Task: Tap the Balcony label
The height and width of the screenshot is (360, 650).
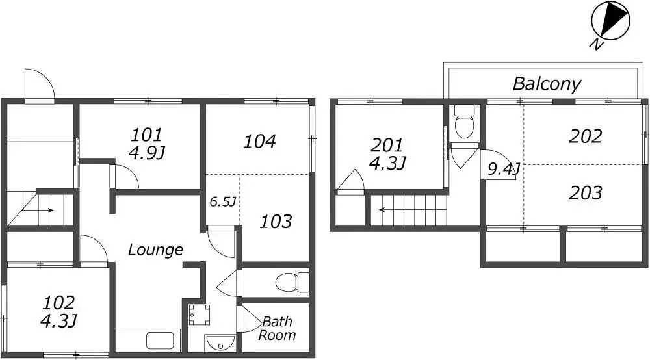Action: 547,84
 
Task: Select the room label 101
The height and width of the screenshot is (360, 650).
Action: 147,135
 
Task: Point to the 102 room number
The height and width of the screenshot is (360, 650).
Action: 59,303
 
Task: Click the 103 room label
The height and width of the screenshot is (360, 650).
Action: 276,222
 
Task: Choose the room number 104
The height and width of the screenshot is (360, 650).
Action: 259,141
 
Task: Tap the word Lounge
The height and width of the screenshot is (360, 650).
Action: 155,250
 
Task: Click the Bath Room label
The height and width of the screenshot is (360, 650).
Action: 277,328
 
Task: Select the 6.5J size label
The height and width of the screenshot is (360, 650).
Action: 222,201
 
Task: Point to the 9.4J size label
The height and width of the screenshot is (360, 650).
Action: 503,169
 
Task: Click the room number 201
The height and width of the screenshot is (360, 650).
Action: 387,146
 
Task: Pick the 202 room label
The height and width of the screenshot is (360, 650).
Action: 586,136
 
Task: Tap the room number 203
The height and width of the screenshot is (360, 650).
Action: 586,193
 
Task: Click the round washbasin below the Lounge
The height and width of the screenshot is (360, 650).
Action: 220,342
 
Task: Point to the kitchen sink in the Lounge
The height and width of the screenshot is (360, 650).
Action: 160,341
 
